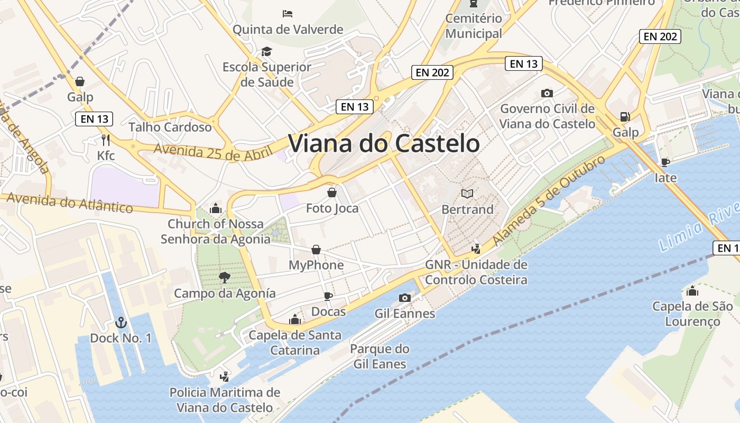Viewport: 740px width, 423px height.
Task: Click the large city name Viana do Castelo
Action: click(384, 143)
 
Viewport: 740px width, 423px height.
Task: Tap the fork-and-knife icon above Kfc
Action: click(106, 140)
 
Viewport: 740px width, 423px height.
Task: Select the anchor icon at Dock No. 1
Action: click(121, 322)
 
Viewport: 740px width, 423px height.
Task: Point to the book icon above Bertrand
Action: click(467, 194)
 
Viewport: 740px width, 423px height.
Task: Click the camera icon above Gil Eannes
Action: click(405, 298)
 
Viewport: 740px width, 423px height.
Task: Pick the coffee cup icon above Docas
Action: click(328, 296)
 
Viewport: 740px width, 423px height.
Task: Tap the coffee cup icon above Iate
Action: click(665, 162)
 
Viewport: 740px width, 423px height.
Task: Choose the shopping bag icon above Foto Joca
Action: click(332, 192)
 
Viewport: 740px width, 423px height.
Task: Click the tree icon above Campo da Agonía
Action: click(225, 277)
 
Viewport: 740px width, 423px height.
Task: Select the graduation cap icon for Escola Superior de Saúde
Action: click(266, 51)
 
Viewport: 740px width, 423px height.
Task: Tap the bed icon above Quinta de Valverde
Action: click(288, 13)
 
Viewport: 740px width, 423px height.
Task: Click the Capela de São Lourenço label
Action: click(692, 314)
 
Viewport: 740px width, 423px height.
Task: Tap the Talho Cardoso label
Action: click(170, 127)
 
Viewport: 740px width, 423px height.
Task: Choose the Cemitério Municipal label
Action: click(474, 26)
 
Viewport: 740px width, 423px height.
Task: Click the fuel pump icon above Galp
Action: click(625, 116)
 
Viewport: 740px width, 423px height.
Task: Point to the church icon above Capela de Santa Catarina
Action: click(295, 319)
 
